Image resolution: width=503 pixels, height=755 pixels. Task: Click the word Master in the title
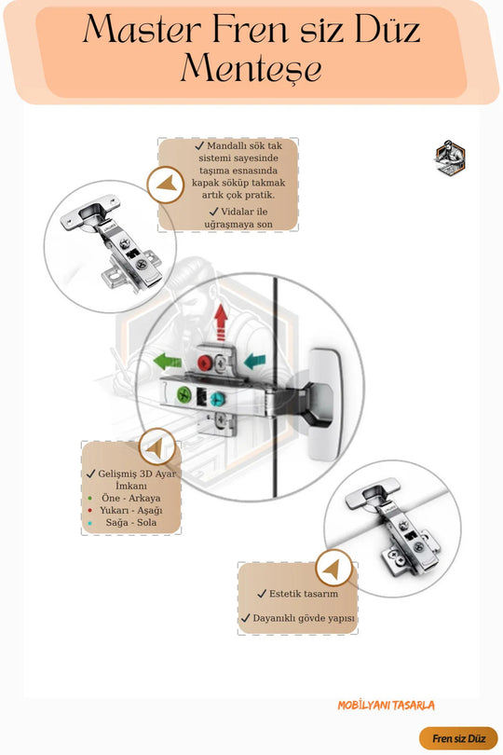142,29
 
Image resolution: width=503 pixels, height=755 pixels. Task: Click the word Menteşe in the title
251,68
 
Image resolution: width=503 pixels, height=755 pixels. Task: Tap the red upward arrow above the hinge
221,323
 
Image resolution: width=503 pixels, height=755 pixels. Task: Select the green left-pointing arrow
167,361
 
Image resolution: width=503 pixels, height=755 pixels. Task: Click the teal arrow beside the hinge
254,361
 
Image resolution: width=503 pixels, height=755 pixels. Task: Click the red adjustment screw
205,363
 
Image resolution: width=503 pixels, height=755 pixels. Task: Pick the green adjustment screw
184,394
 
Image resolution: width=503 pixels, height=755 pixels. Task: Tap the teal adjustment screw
218,398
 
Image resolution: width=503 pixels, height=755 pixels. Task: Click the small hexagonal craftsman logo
450,158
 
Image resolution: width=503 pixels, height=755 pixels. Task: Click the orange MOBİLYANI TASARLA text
386,706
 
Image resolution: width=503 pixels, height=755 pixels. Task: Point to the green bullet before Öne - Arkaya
90,498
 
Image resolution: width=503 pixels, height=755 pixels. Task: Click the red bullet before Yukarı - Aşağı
90,510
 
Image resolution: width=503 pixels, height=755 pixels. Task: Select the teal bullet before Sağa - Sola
90,522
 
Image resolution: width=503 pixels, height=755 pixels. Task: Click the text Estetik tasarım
304,594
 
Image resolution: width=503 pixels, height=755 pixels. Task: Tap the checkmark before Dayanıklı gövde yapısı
246,618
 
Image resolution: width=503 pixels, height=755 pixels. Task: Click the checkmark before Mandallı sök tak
199,145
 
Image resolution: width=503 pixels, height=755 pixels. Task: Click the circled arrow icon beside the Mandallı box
166,185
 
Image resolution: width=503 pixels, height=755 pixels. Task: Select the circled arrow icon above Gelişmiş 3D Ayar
156,447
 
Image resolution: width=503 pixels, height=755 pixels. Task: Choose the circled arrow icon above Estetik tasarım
334,569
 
